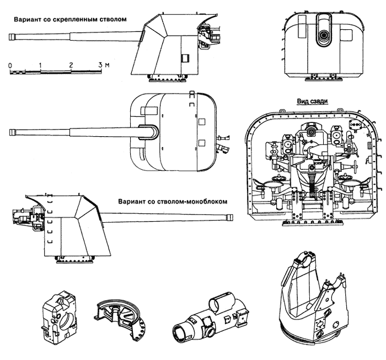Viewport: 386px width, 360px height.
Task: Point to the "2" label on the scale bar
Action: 71,65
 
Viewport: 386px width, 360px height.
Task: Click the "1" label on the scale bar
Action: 40,65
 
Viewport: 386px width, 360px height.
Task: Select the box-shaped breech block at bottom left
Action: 57,318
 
